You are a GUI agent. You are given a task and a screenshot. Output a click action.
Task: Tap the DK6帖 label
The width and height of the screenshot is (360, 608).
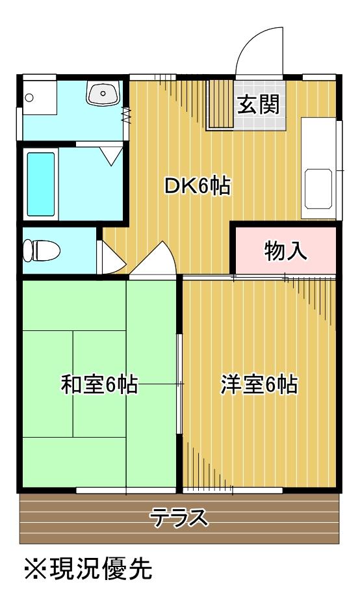click(196, 187)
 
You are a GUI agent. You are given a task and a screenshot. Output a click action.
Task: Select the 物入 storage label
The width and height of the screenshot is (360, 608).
click(286, 250)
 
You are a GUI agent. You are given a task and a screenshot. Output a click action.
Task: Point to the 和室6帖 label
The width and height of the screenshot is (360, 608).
click(99, 384)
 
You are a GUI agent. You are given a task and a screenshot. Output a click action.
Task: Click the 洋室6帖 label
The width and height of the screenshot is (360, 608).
click(259, 384)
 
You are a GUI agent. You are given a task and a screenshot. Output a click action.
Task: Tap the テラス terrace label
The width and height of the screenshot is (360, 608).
click(179, 518)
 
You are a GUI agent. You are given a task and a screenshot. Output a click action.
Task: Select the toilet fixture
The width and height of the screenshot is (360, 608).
click(40, 250)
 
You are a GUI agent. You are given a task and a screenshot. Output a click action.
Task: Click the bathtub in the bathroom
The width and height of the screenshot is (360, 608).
click(40, 184)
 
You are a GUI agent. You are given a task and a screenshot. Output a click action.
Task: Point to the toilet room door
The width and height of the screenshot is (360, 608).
click(109, 257)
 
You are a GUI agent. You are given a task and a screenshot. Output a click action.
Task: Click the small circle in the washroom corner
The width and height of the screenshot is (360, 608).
click(29, 98)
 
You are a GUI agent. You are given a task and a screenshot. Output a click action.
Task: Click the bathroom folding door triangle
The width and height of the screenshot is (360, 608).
click(111, 154)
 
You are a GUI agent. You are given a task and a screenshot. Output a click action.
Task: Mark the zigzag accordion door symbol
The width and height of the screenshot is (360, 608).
click(125, 116)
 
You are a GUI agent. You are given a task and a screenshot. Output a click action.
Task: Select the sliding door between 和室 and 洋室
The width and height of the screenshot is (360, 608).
click(180, 384)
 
